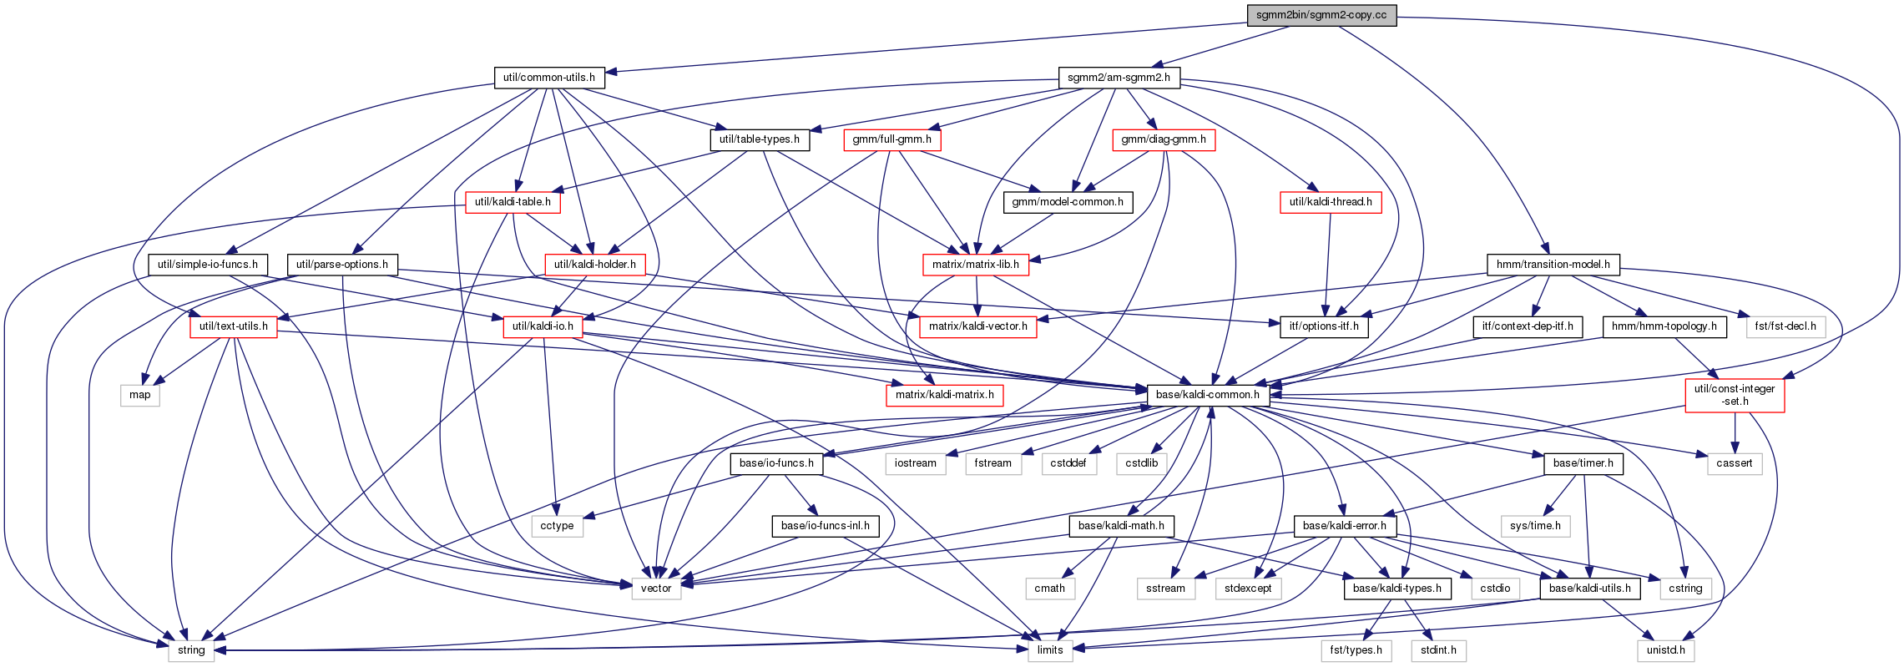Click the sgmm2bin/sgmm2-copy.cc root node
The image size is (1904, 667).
(1321, 15)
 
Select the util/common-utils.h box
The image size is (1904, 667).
(549, 78)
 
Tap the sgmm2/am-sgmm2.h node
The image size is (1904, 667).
(1119, 78)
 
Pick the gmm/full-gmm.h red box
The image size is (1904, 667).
(892, 139)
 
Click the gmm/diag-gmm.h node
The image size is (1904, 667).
(1164, 139)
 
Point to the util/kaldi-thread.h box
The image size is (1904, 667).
(1331, 202)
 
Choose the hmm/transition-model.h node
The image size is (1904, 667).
(1553, 265)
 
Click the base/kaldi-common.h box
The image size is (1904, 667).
(1208, 395)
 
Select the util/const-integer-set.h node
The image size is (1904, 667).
(1735, 395)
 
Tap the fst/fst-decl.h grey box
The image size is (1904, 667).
(1785, 326)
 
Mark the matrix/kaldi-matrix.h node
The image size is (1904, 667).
(945, 395)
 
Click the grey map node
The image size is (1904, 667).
(140, 395)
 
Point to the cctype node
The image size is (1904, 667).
(557, 526)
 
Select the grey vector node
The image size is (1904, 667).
(656, 589)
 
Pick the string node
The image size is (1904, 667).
(191, 650)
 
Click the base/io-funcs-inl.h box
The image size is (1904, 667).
(825, 526)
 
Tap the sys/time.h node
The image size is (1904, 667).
(1535, 526)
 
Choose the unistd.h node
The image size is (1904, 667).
(1666, 650)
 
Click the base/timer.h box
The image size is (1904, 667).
(1583, 463)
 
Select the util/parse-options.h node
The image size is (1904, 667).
(342, 265)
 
